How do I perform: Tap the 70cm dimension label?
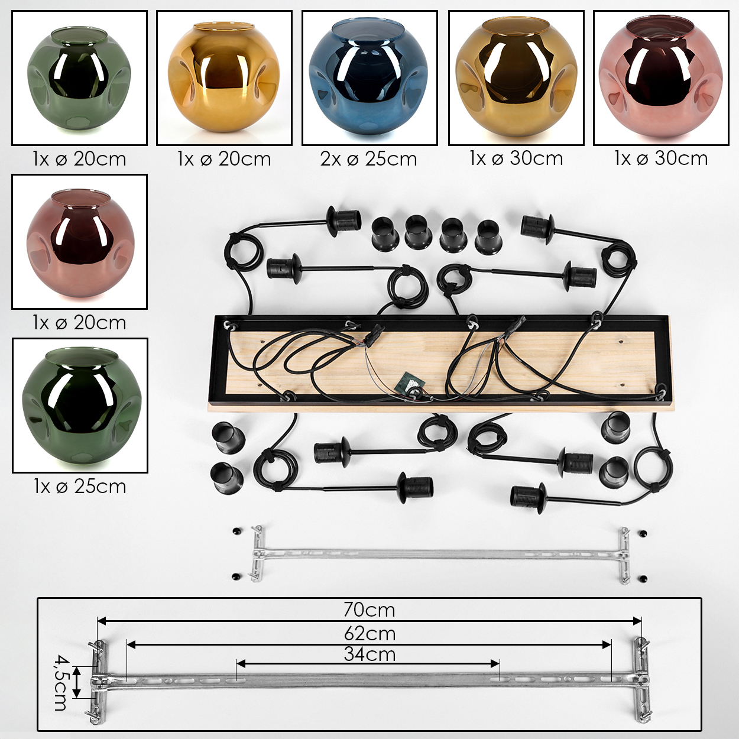click(369, 610)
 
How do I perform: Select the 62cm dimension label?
click(369, 634)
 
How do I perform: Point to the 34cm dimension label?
click(369, 654)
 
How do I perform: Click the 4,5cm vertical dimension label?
click(60, 683)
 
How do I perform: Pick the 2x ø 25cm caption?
click(368, 159)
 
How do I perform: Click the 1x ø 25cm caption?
click(80, 487)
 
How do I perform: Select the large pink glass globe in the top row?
click(661, 79)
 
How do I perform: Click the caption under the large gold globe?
click(516, 158)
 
